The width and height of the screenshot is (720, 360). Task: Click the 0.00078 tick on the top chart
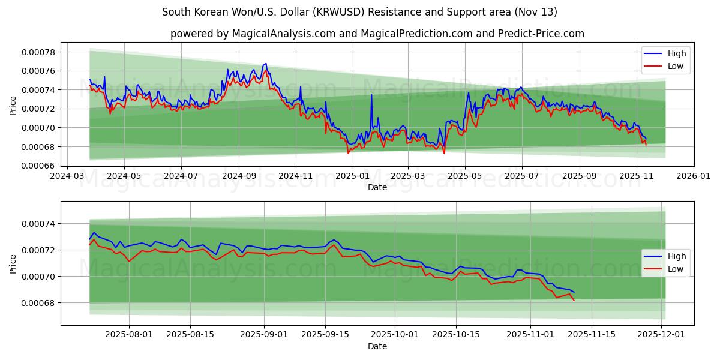coord(38,52)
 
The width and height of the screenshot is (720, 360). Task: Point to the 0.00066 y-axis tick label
coord(38,166)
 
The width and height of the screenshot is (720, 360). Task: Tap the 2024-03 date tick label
coord(67,176)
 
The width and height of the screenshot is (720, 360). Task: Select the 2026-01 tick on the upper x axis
coord(694,176)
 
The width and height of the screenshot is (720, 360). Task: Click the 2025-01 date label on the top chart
coord(352,176)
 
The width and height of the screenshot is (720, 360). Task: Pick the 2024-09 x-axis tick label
coord(238,176)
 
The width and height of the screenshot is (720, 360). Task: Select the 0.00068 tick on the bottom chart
coord(38,303)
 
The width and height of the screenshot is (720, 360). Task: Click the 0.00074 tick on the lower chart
coord(38,224)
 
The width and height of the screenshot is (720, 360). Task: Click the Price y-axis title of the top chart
coord(13,104)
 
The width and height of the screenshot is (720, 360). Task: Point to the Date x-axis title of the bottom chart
coord(377,346)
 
